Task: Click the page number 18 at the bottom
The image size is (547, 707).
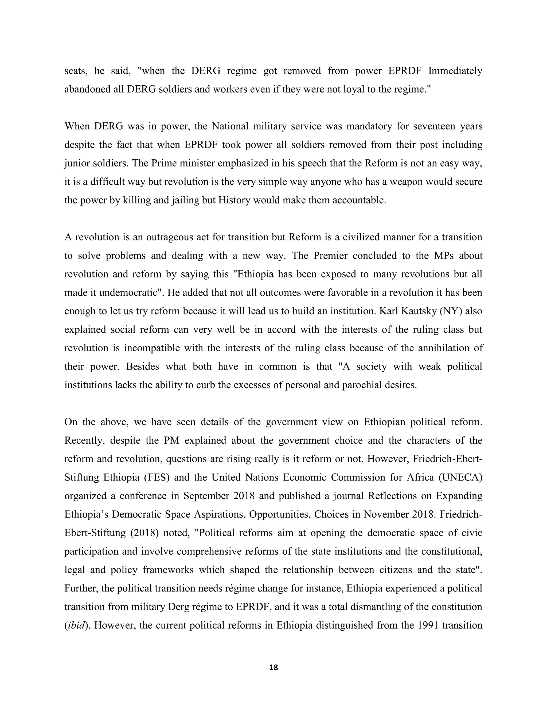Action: click(273, 668)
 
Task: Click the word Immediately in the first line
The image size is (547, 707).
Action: click(455, 71)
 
